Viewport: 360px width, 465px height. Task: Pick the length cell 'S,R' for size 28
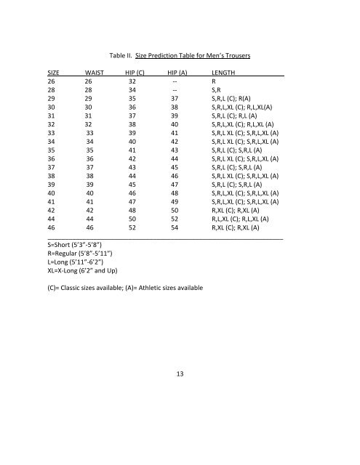tap(217, 93)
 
